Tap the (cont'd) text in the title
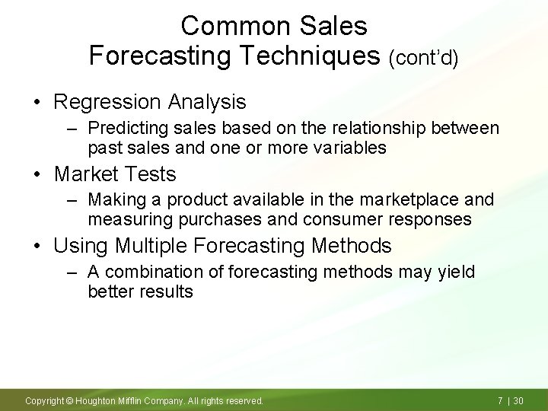pos(423,58)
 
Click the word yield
pos(455,272)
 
